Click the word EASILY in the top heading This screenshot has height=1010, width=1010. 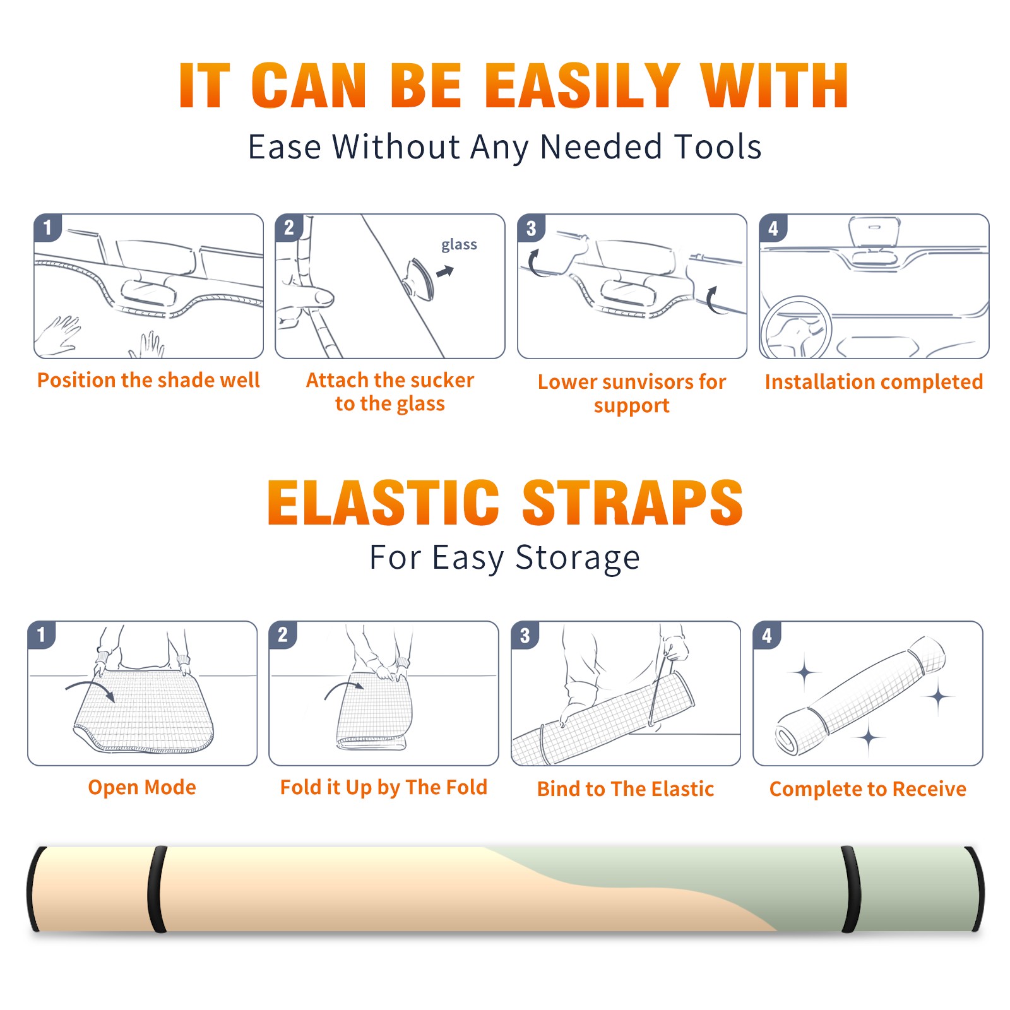[582, 86]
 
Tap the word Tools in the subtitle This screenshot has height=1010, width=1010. [718, 146]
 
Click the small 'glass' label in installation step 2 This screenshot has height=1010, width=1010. [459, 245]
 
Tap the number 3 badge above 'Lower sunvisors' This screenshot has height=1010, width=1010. [531, 229]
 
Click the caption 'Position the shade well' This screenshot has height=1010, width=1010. [148, 380]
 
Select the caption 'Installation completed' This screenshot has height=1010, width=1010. [874, 381]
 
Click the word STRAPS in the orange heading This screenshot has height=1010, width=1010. [633, 502]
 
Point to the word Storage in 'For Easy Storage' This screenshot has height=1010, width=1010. [578, 558]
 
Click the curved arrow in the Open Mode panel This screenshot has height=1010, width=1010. [90, 689]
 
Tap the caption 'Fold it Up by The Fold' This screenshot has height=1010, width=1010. [384, 788]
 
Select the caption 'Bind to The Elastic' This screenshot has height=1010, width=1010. [626, 789]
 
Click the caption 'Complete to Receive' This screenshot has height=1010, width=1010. [868, 789]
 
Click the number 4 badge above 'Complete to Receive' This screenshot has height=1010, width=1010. [767, 635]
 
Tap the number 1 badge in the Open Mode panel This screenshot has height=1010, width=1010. [42, 635]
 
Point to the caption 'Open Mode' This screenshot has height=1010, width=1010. [142, 787]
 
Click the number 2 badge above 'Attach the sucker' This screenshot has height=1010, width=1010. [289, 228]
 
